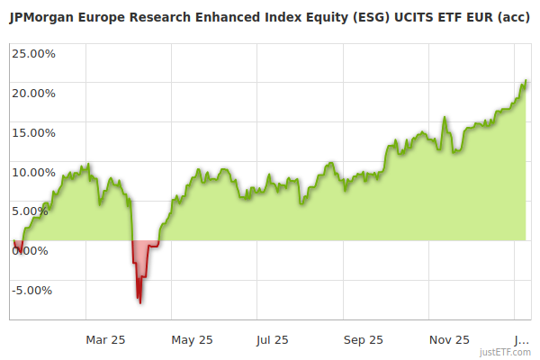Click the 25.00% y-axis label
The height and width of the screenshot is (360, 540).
[33, 53]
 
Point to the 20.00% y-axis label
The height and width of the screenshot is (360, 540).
[33, 93]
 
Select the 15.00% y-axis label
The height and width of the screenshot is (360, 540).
[33, 132]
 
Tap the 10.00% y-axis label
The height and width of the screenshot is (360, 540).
[33, 172]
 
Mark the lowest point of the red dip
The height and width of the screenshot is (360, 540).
[139, 301]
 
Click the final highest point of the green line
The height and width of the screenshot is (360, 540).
[526, 81]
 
